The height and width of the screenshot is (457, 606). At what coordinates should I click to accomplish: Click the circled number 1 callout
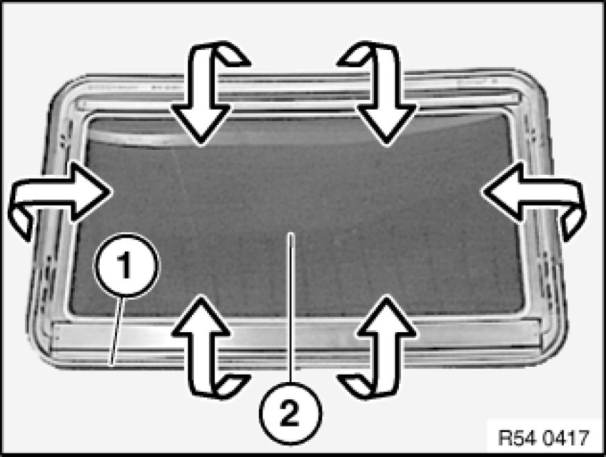pyautogui.click(x=126, y=266)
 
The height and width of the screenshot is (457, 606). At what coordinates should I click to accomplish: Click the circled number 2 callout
pyautogui.click(x=291, y=413)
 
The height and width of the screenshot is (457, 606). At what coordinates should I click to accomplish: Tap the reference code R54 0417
pyautogui.click(x=544, y=438)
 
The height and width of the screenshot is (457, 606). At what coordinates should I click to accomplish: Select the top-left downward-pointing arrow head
pyautogui.click(x=201, y=123)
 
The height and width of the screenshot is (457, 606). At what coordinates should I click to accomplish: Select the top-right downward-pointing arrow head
pyautogui.click(x=386, y=123)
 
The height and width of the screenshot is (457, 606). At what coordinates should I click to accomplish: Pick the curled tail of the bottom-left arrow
pyautogui.click(x=231, y=385)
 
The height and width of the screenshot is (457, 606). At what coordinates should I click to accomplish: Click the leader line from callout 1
pyautogui.click(x=117, y=331)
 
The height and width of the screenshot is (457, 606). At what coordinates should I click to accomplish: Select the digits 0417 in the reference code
pyautogui.click(x=567, y=438)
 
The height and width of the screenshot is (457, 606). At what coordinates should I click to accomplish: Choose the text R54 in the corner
pyautogui.click(x=517, y=438)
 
